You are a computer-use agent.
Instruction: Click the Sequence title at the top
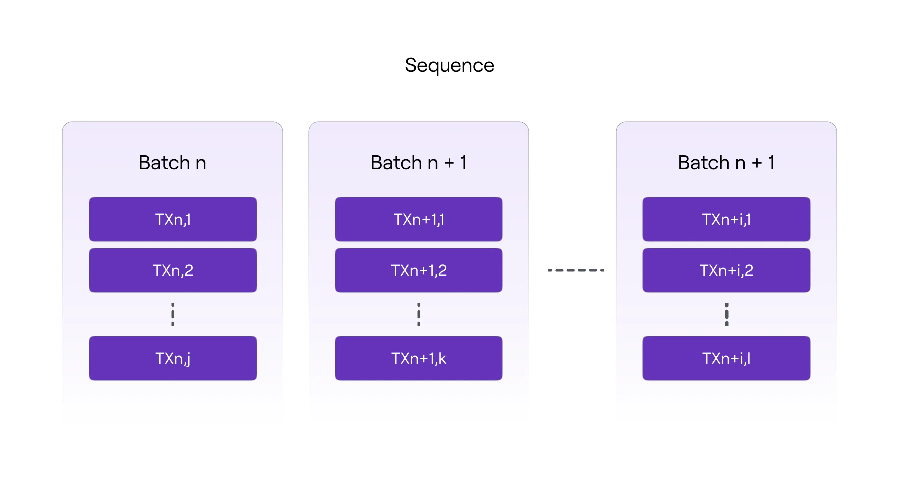tap(449, 65)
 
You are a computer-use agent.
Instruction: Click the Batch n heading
tap(172, 163)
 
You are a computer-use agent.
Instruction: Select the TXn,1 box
tap(173, 219)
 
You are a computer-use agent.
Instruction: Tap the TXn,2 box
tap(173, 270)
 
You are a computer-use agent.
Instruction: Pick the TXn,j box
tap(173, 358)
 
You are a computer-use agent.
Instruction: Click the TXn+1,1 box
tap(419, 219)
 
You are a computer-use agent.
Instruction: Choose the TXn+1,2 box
tap(419, 270)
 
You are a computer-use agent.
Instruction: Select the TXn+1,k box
tap(419, 358)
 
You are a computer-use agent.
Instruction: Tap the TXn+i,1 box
tap(726, 219)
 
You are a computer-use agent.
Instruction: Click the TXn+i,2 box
tap(726, 270)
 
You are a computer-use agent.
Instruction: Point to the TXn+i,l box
tap(726, 358)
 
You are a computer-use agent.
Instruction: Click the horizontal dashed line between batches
tap(576, 270)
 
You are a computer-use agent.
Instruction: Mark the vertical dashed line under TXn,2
tap(173, 314)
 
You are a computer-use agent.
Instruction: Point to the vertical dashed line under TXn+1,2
tap(419, 314)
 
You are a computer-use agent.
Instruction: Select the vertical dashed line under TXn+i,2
tap(727, 314)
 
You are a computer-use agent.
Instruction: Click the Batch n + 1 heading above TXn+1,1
tap(419, 163)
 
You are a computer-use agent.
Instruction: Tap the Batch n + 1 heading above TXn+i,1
tap(726, 163)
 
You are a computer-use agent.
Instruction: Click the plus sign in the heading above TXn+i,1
tap(757, 163)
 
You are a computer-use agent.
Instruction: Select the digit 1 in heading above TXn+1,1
tap(464, 163)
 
